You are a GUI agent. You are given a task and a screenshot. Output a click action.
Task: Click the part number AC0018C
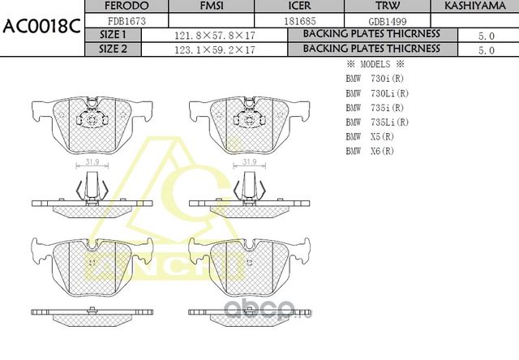[x=41, y=25]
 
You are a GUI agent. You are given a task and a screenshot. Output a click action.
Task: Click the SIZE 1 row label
[x=113, y=36]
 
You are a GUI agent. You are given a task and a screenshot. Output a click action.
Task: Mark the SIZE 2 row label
[x=113, y=49]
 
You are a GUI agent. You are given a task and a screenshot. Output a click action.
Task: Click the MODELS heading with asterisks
[x=375, y=64]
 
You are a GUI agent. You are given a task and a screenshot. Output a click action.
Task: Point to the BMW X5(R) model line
[x=370, y=137]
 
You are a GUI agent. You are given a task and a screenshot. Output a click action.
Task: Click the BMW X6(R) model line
[x=370, y=152]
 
